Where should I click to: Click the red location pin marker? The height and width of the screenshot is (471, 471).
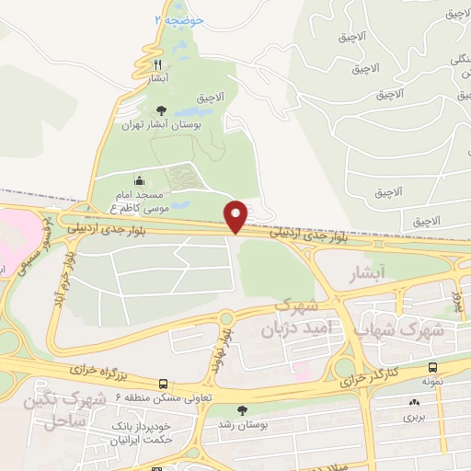pos(236,216)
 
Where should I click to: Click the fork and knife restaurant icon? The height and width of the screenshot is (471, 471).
pos(157,64)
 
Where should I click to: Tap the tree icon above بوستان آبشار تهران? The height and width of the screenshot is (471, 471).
pos(162,109)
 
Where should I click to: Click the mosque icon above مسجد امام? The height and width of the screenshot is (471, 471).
pos(140,181)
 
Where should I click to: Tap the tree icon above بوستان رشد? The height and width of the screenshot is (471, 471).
pos(242,411)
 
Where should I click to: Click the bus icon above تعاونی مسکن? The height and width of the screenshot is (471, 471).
pos(163,383)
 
